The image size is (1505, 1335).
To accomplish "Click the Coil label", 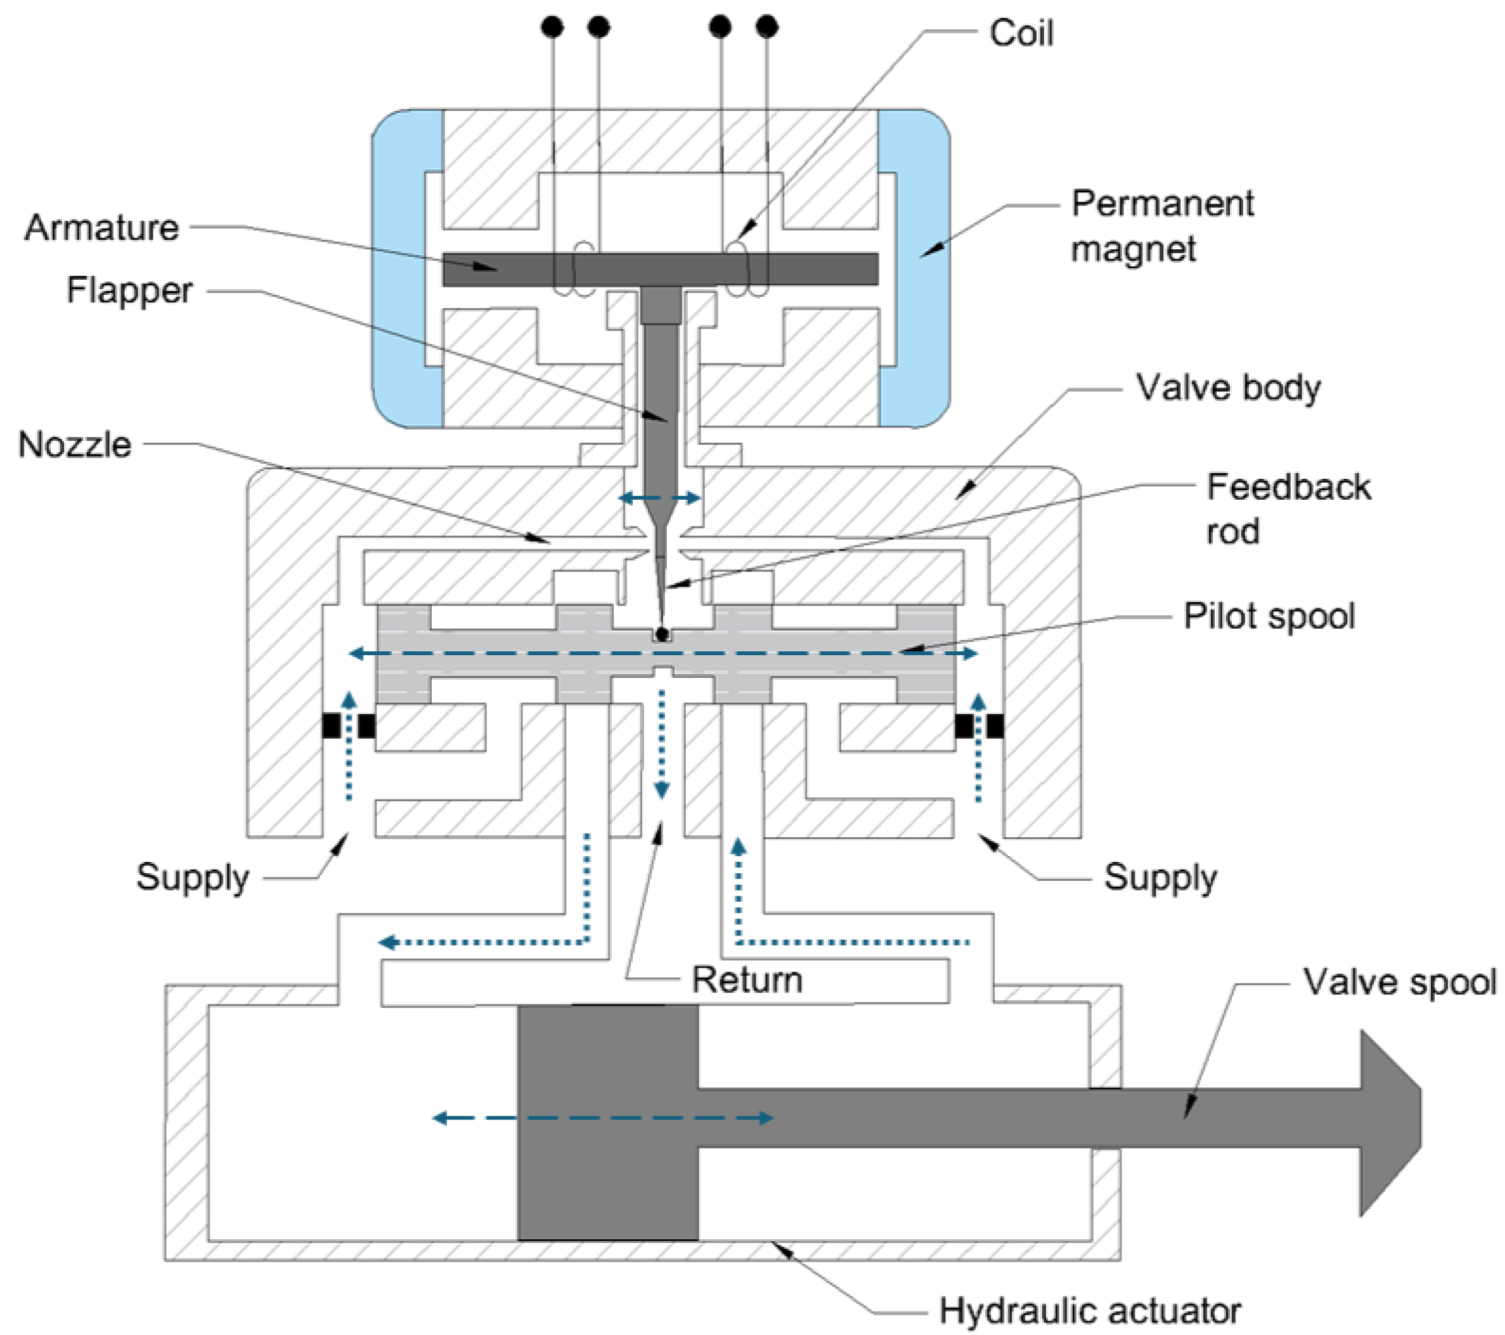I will pos(1021,33).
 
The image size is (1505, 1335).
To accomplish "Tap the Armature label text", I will pos(101,227).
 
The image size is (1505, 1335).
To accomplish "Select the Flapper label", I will pos(129,290).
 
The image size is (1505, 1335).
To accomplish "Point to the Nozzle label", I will pos(74,445).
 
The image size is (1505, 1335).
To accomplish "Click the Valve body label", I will pos(1227,387).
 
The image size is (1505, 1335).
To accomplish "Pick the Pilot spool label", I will pos(1269,616).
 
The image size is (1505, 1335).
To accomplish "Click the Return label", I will pos(747,980).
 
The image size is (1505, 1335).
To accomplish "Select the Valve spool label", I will pos(1399,982).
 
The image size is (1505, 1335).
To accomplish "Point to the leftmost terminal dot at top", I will pos(552,27).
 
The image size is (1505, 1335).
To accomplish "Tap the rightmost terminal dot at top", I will pos(766,27).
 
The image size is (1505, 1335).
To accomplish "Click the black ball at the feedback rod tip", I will pos(662,634).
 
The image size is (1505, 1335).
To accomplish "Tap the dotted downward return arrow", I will pos(661,744).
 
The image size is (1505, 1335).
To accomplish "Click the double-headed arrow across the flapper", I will pos(660,498).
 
